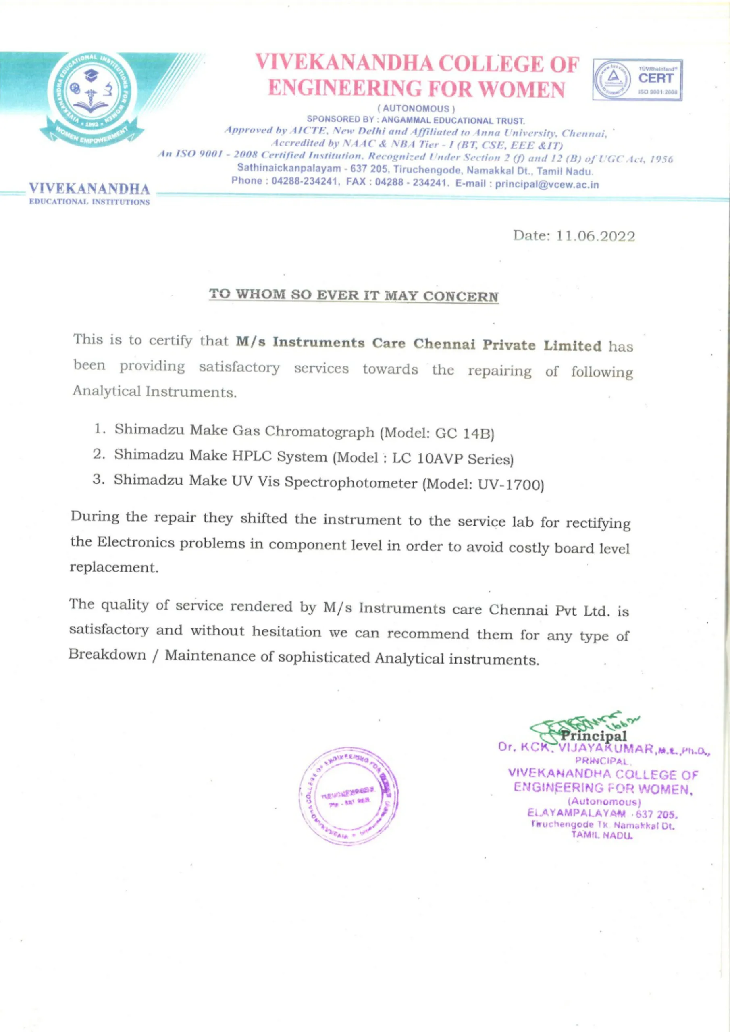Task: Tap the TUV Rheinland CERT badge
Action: coord(637,80)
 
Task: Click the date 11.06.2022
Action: coord(596,236)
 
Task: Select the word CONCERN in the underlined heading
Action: coord(461,297)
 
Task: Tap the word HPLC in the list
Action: coord(251,456)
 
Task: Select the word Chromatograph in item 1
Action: coord(319,431)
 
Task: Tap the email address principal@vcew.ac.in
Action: coord(547,184)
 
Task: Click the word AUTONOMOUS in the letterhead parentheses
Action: coord(416,109)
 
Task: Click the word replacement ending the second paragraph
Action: coord(114,568)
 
